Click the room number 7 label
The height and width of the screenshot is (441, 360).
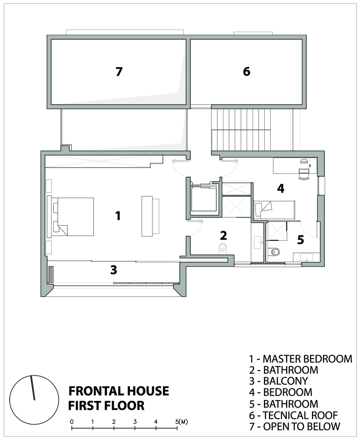119,72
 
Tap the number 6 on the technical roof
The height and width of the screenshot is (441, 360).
246,71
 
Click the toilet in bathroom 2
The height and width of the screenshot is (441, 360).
223,248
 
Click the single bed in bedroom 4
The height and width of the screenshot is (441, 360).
274,210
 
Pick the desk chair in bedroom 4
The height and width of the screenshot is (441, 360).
304,173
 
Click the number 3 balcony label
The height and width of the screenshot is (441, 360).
114,270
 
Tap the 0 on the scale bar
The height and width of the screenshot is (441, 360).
72,422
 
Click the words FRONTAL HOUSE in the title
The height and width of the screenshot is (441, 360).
119,391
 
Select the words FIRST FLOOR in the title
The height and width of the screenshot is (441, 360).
107,406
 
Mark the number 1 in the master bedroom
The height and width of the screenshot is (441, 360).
118,216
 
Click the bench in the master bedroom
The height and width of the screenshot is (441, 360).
150,216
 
